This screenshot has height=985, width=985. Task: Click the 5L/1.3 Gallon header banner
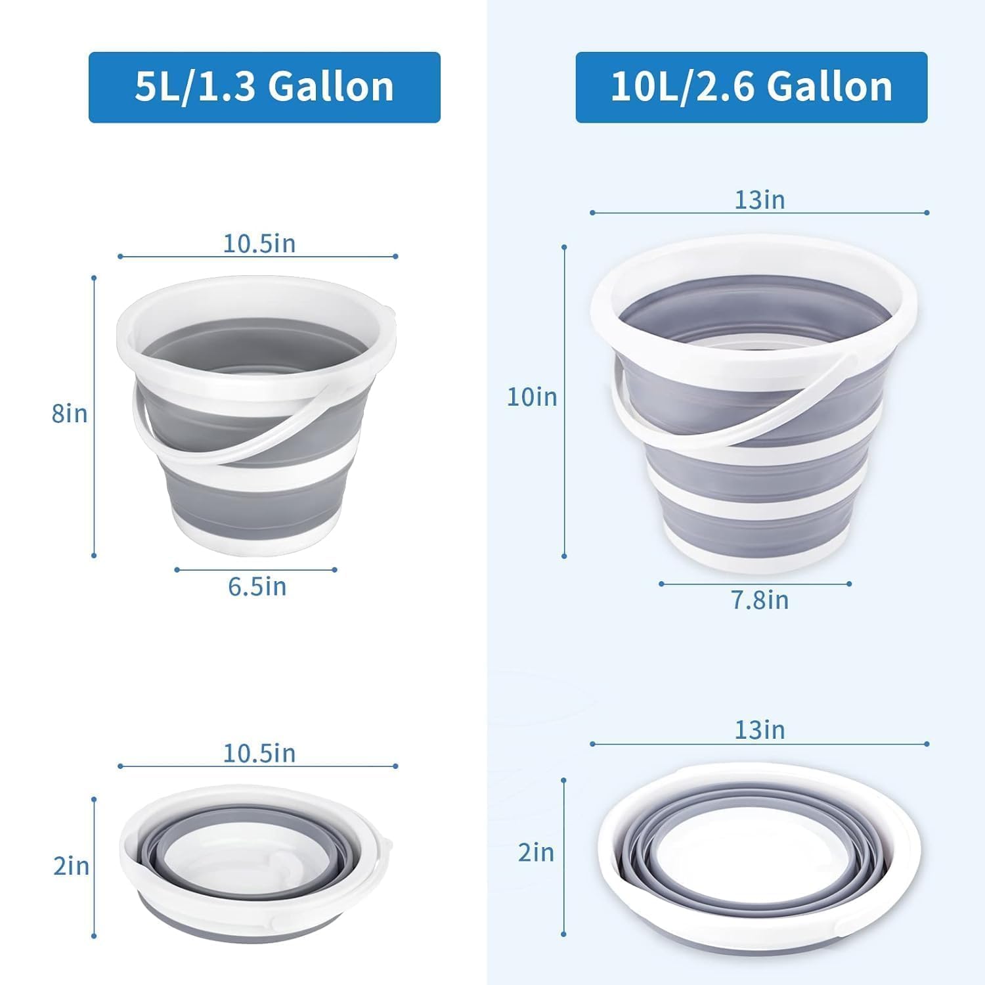click(x=264, y=87)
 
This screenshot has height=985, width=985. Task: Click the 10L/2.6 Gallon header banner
click(x=751, y=87)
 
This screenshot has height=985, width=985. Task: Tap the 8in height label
click(x=70, y=414)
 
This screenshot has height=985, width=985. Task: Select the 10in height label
click(x=532, y=397)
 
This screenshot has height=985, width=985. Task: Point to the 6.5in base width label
click(x=257, y=587)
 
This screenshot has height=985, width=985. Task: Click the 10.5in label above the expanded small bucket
click(x=259, y=244)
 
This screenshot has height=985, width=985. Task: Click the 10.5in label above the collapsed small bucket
click(x=259, y=753)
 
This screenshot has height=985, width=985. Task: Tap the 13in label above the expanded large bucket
click(x=760, y=200)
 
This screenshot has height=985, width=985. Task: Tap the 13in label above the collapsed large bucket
click(x=760, y=730)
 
